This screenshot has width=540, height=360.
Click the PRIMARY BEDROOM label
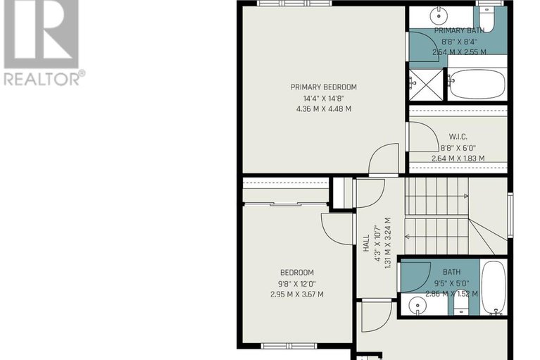tap(323, 87)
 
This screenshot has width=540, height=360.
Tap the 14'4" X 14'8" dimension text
tap(324, 99)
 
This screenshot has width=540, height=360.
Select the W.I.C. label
tap(458, 137)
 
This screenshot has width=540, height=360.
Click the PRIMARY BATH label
tap(459, 30)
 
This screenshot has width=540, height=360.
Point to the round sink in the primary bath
tap(439, 15)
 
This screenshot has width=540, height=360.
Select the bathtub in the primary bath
tap(477, 84)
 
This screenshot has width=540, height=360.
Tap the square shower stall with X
tap(426, 85)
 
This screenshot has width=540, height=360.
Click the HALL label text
tap(366, 243)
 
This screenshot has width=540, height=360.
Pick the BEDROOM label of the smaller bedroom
tap(297, 273)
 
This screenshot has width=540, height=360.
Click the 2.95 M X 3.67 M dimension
tap(297, 294)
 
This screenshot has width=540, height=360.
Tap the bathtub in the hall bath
tap(493, 287)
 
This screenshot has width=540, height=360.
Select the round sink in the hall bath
tap(417, 305)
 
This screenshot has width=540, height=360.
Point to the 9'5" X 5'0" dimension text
tap(451, 283)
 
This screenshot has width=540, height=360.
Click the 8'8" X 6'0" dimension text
tap(458, 148)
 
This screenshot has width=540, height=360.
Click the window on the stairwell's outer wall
tap(510, 215)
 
